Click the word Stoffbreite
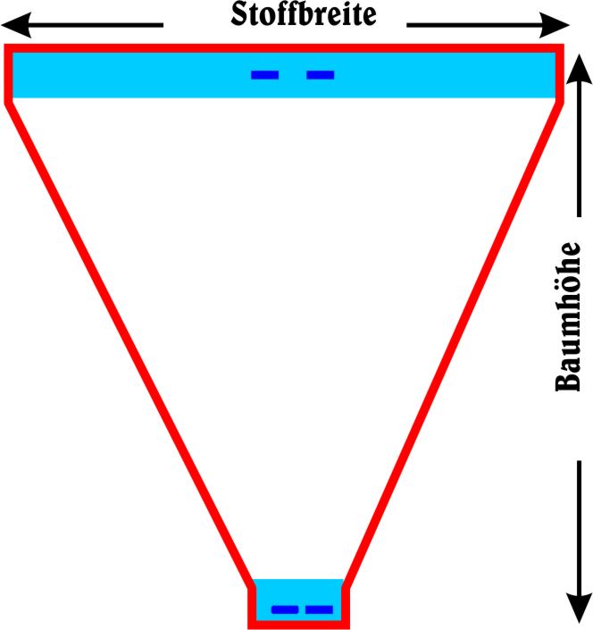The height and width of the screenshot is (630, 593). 303,15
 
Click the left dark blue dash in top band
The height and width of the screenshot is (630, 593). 264,75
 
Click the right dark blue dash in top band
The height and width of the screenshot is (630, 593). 320,75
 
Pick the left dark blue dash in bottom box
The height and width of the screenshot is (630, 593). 285,609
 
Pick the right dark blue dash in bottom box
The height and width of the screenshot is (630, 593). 318,609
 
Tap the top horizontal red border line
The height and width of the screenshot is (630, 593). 284,48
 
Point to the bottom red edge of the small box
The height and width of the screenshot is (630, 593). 299,625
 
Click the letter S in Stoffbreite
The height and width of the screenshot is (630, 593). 238,15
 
